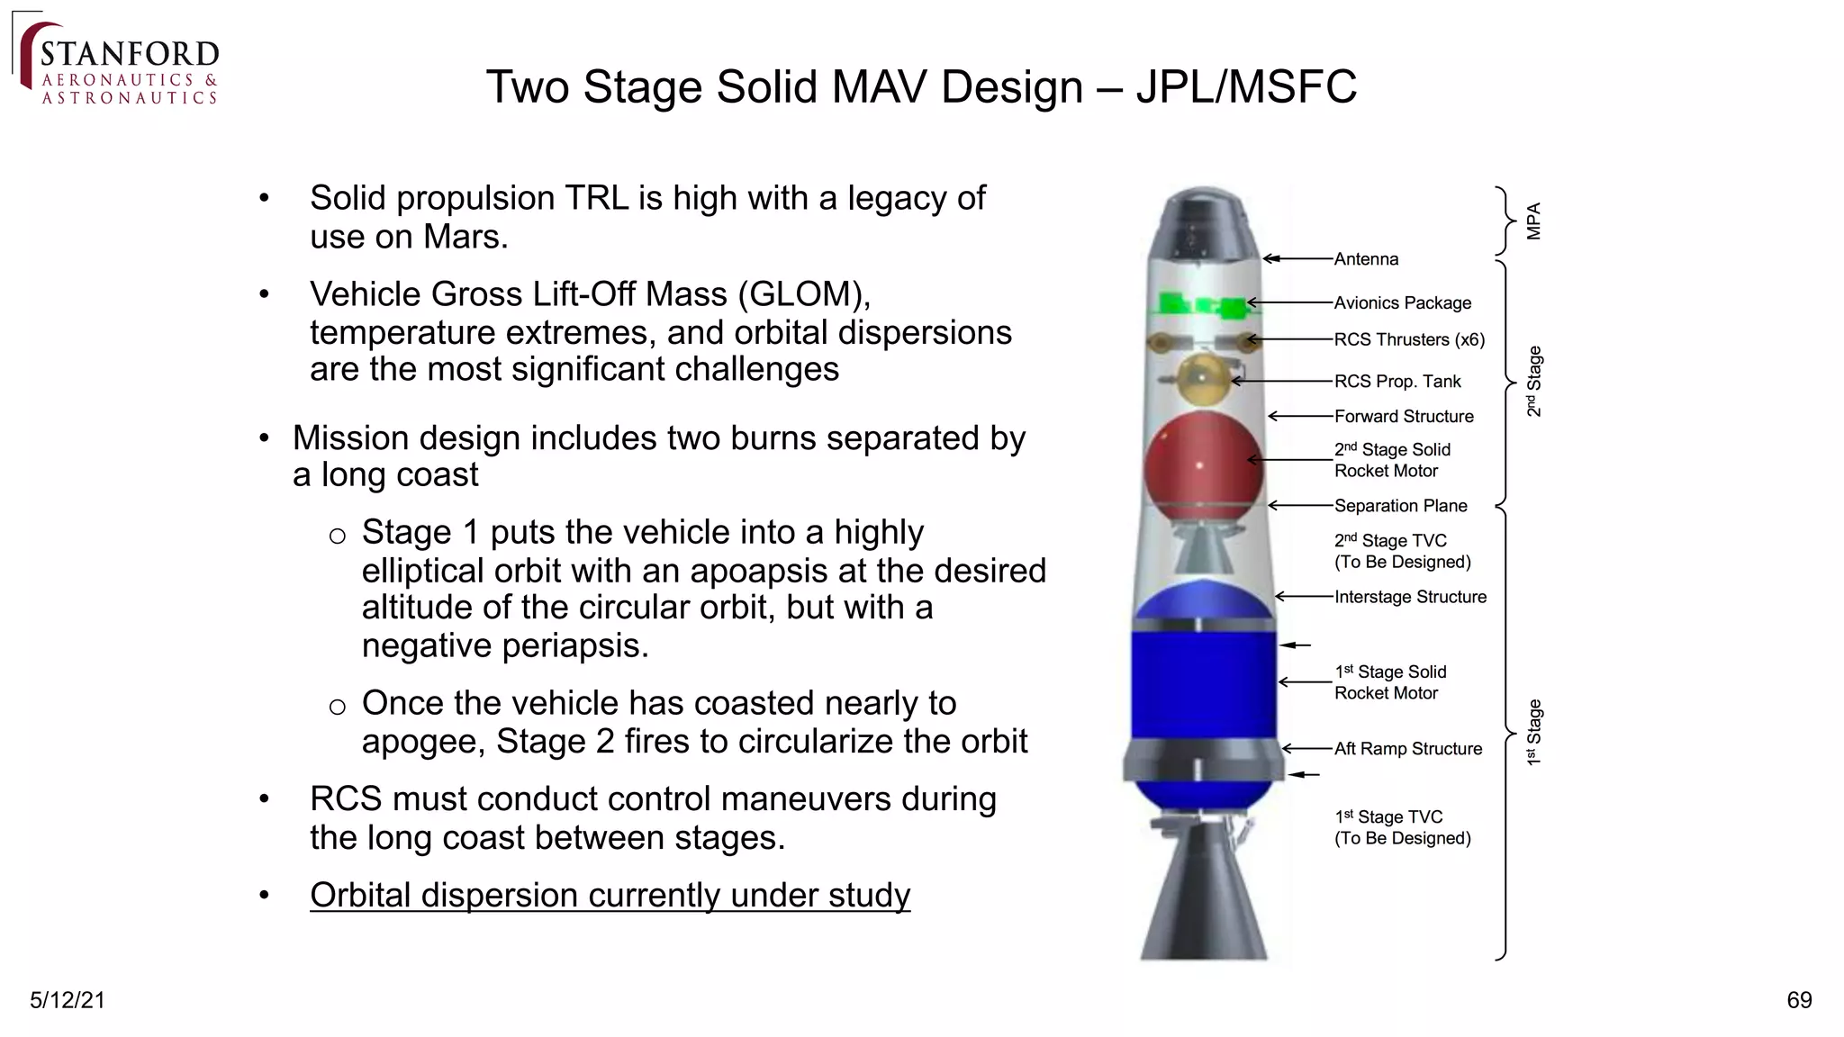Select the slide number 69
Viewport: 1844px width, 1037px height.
[x=1798, y=1000]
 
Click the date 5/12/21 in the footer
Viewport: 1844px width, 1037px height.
[x=68, y=1000]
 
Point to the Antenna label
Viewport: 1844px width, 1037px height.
[x=1366, y=259]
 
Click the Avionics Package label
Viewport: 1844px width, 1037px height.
[x=1402, y=303]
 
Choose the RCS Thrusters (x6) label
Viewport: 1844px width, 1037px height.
[x=1408, y=339]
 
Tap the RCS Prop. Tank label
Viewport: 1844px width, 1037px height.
[x=1397, y=382]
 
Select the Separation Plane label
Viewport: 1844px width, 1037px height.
[x=1400, y=506]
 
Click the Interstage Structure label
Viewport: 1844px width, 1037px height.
[x=1410, y=597]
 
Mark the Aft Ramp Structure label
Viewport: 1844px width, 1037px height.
[x=1407, y=749]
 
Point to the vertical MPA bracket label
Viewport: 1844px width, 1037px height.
[x=1534, y=221]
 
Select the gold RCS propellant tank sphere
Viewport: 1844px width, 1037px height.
[x=1202, y=379]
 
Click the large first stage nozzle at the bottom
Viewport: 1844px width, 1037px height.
[x=1204, y=900]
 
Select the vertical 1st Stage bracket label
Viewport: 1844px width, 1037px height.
[x=1534, y=732]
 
